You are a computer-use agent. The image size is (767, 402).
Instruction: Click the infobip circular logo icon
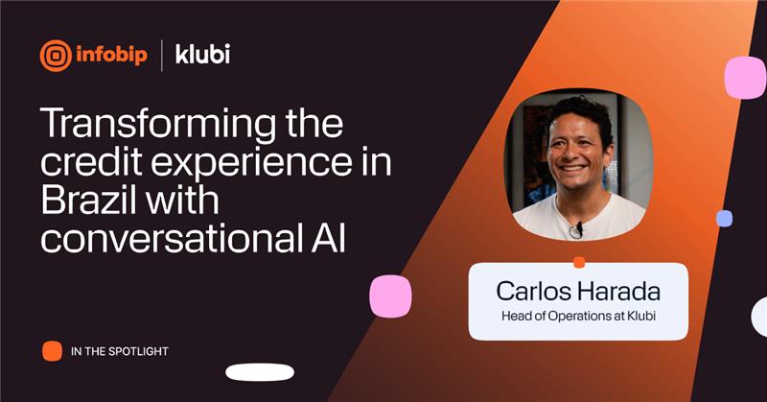click(x=56, y=55)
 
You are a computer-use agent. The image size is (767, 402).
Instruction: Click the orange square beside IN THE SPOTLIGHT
click(x=52, y=351)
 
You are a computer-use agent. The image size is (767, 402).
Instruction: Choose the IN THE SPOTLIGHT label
click(x=120, y=352)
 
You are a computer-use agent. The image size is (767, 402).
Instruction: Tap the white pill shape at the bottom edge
click(x=259, y=372)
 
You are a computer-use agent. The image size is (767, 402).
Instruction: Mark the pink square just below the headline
click(x=390, y=296)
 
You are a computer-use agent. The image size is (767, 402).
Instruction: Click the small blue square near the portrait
click(x=724, y=219)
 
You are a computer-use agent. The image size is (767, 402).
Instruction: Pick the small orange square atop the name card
click(x=578, y=262)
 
